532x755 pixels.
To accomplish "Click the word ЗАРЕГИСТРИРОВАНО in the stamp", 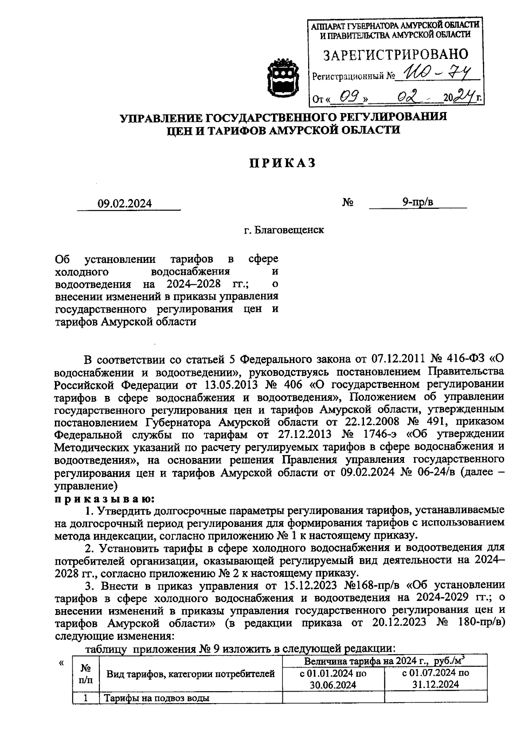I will click(395, 55).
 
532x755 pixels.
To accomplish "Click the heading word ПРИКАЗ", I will click(282, 164).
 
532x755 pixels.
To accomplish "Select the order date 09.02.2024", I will click(125, 203).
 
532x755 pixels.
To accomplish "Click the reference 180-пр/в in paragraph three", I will click(480, 622).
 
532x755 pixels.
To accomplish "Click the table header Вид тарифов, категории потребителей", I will click(191, 674).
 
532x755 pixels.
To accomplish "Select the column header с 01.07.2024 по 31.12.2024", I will click(435, 678).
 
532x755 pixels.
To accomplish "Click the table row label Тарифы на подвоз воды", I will click(156, 698).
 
